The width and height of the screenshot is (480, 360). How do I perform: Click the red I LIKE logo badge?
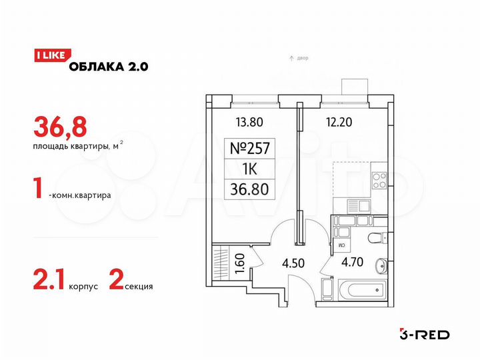[49, 56]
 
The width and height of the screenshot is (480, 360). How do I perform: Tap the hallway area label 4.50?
[293, 263]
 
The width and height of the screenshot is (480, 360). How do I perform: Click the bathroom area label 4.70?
[351, 262]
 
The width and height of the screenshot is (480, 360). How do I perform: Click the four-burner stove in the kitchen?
[379, 180]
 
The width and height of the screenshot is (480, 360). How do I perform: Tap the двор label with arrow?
[299, 59]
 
